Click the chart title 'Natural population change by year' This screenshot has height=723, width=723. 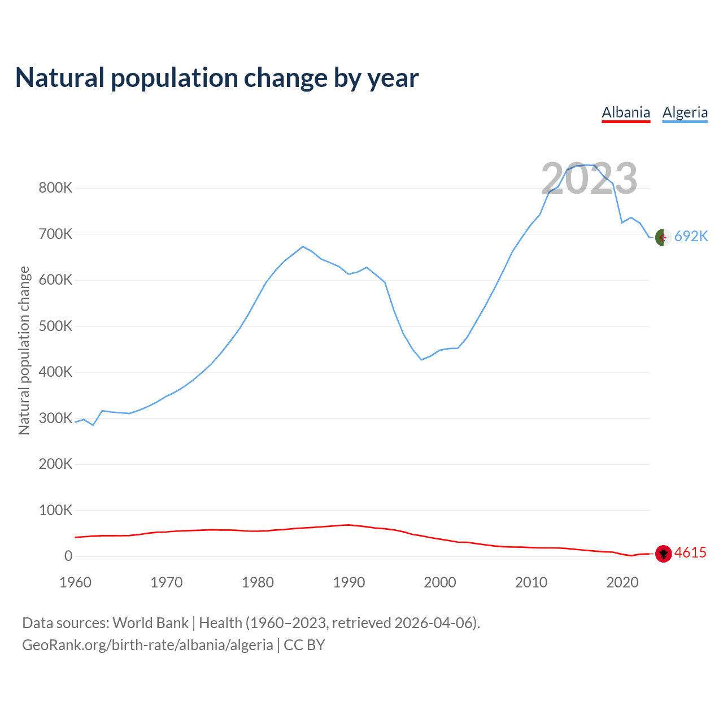[217, 78]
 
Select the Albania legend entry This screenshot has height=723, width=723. [626, 112]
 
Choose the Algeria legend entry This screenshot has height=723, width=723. [685, 112]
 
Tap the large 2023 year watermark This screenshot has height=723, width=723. [589, 178]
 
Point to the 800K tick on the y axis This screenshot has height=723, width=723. [55, 188]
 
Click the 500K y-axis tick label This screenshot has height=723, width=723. [55, 326]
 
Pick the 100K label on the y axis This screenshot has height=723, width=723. [55, 511]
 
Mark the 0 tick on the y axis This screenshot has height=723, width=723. [68, 556]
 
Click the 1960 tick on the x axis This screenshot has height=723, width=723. [75, 582]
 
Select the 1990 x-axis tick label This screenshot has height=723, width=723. [349, 582]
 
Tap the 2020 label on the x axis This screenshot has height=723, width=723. [622, 582]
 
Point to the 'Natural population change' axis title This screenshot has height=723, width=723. [24, 350]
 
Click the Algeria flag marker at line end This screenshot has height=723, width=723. [663, 238]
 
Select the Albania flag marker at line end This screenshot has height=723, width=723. [663, 554]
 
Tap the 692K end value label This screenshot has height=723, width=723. [691, 236]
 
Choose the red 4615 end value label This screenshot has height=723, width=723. [690, 552]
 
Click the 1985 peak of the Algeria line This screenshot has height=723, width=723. [303, 246]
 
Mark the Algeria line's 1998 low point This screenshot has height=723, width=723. [421, 360]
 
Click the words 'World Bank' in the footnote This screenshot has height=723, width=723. [150, 623]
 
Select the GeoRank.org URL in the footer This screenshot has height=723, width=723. [147, 645]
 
